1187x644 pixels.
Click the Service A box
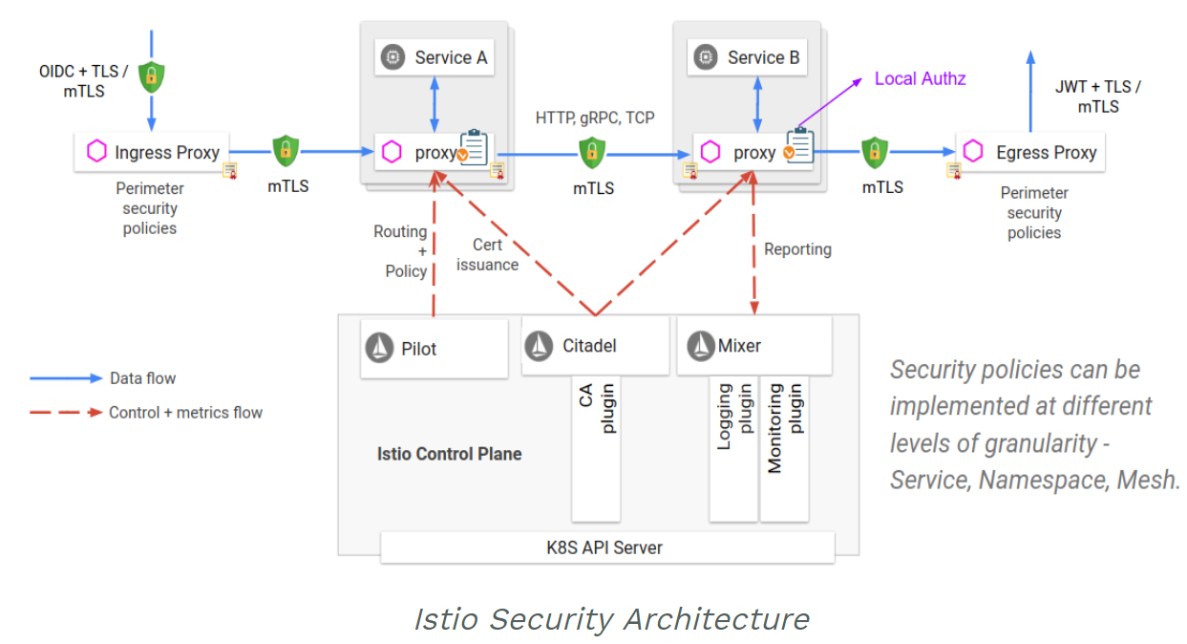[435, 57]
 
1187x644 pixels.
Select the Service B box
[747, 57]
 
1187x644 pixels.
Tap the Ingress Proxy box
[152, 152]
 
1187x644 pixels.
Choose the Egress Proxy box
[1030, 152]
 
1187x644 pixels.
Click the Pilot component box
[435, 349]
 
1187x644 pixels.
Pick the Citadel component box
[595, 346]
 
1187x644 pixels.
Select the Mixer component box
[753, 346]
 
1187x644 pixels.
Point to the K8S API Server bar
[607, 547]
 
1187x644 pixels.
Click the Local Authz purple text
[920, 78]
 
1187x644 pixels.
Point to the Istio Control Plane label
[449, 454]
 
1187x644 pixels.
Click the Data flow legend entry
[142, 378]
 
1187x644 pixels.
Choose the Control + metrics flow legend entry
[185, 413]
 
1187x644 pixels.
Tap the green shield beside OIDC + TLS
[151, 76]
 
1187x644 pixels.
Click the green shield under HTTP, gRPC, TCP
[592, 152]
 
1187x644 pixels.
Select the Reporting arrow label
[797, 249]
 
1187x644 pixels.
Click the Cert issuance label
[487, 255]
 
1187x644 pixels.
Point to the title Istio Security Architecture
[611, 619]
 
